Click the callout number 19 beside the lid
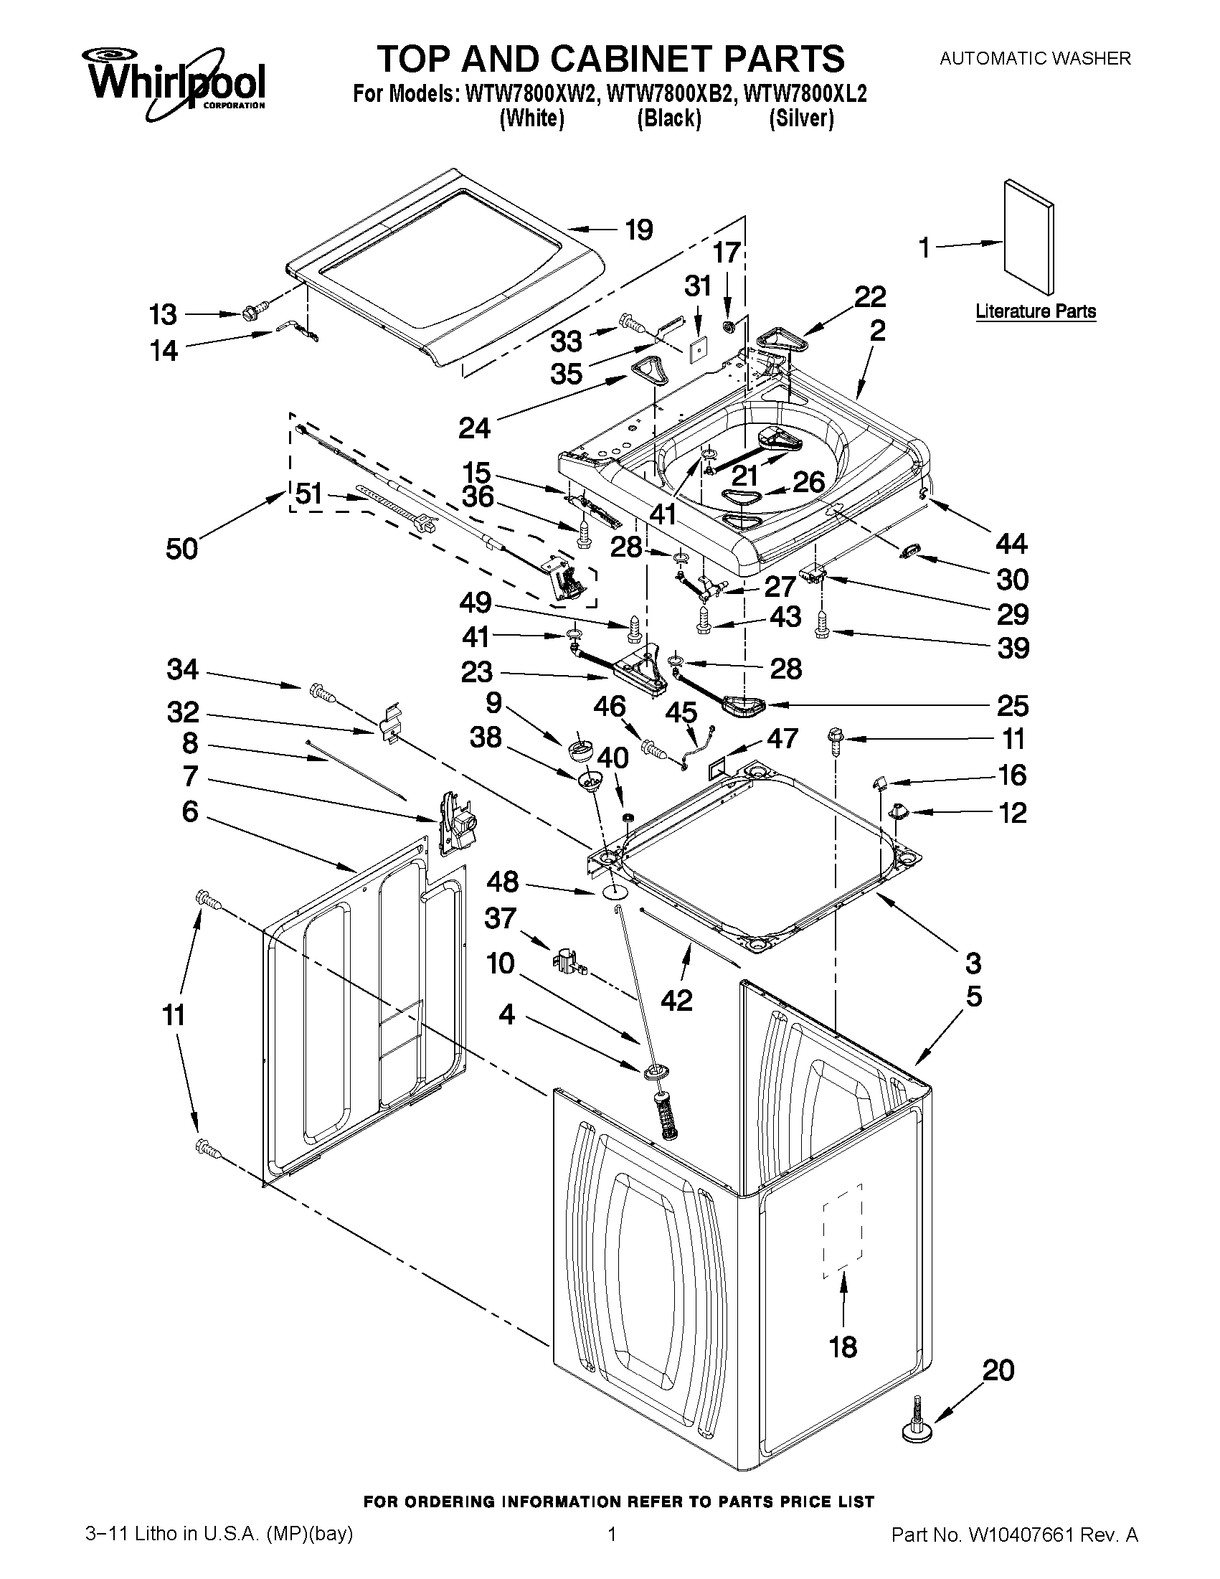point(638,230)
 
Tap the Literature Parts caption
point(1035,311)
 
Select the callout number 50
point(181,549)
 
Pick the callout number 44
point(1011,543)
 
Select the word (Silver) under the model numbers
point(802,118)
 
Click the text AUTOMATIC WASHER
point(1034,59)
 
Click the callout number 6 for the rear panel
point(189,811)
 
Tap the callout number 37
point(499,918)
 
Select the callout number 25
point(1012,706)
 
